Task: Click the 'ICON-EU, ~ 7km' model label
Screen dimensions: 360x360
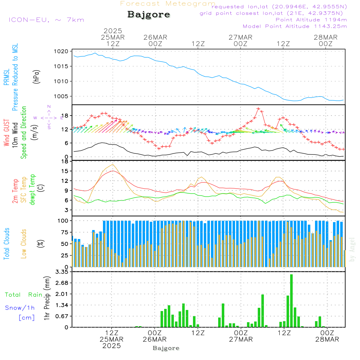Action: click(x=46, y=20)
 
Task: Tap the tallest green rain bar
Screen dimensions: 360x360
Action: click(x=291, y=301)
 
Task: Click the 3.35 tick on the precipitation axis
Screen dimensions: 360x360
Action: click(x=63, y=272)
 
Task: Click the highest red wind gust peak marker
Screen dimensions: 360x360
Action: click(x=258, y=108)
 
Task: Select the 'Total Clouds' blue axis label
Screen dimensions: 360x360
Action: click(x=7, y=244)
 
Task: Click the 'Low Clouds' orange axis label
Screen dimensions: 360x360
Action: click(x=24, y=244)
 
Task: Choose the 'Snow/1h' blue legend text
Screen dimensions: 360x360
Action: click(x=20, y=308)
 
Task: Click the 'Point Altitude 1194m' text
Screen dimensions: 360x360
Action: click(x=311, y=20)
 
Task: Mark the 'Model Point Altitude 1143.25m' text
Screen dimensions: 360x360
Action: click(x=295, y=26)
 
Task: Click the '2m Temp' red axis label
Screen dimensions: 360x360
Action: click(x=15, y=191)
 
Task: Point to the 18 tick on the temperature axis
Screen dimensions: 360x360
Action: click(x=66, y=162)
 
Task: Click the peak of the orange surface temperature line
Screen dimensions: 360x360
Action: click(x=113, y=164)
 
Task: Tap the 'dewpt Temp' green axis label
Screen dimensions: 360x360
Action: click(x=32, y=190)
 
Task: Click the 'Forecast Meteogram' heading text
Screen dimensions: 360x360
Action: click(x=168, y=4)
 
